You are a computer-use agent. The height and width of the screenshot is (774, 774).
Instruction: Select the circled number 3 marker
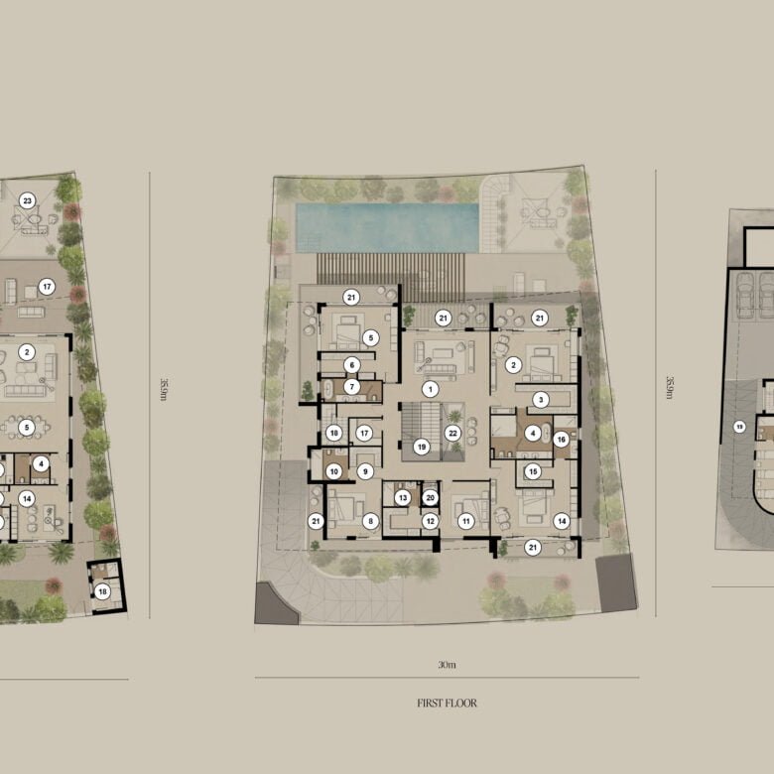(x=541, y=399)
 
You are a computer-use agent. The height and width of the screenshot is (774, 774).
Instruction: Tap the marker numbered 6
(x=351, y=365)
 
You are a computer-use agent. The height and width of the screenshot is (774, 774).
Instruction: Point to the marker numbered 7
(x=351, y=386)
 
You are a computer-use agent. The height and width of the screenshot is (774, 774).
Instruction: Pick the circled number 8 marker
(x=371, y=520)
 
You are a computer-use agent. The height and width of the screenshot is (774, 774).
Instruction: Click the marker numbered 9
(x=365, y=471)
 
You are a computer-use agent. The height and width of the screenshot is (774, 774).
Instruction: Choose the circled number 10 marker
(x=334, y=471)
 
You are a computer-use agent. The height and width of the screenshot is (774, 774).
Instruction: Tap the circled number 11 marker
(x=465, y=520)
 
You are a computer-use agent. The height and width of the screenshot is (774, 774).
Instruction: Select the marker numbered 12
(x=430, y=520)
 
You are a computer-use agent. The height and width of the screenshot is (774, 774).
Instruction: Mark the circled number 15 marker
(x=532, y=471)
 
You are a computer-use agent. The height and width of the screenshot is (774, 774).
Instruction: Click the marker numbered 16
(x=561, y=439)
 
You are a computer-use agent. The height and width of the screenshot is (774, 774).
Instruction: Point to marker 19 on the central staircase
(x=422, y=448)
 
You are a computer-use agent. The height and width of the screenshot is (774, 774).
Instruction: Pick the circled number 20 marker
(x=430, y=497)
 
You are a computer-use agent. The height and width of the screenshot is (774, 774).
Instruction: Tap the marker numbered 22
(x=452, y=432)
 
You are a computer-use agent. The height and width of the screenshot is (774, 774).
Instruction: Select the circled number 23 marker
(x=28, y=200)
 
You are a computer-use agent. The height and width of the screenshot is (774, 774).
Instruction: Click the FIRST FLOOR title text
(x=447, y=704)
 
